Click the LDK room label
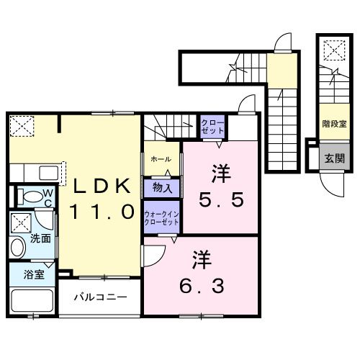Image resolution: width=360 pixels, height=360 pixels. (x=102, y=186)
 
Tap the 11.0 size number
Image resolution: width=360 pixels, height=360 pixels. (x=102, y=212)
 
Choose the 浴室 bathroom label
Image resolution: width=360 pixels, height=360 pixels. (x=33, y=274)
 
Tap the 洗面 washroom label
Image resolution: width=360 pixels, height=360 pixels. (x=40, y=238)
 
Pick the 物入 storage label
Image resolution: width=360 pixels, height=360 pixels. (x=161, y=189)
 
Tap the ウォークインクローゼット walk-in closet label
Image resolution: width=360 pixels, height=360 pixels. (x=161, y=217)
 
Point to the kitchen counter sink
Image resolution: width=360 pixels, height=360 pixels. (x=48, y=174)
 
